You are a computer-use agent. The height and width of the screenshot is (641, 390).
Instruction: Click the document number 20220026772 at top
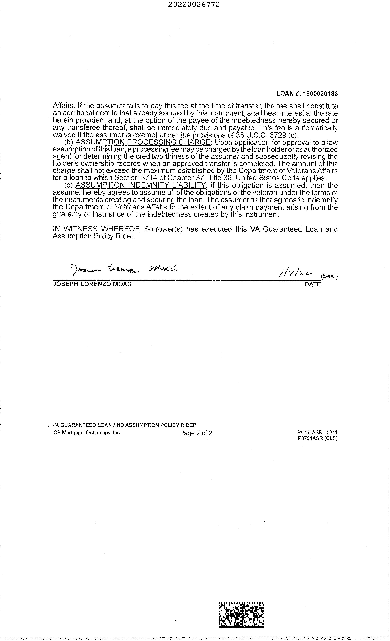point(194,4)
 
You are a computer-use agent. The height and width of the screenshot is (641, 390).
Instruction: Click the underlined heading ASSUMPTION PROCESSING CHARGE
point(143,142)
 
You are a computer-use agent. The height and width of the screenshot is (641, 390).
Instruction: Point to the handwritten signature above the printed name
point(124,269)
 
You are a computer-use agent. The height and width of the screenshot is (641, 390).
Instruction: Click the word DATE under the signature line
point(312,284)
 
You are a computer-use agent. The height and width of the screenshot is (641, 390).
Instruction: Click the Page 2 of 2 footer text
point(196,433)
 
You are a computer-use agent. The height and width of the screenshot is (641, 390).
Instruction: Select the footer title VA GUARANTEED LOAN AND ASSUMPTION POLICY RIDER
point(124,425)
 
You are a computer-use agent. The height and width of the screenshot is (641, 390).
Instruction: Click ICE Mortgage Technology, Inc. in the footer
point(86,433)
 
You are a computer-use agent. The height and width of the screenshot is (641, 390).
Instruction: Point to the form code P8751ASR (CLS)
point(317,438)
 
